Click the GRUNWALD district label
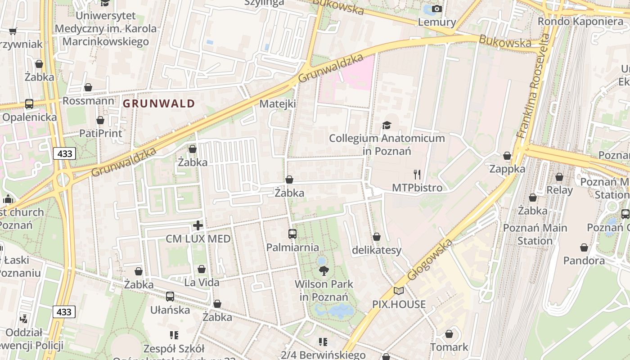point(159,103)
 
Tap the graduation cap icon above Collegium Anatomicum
point(387,125)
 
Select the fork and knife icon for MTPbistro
point(417,175)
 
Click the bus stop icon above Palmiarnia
point(292,234)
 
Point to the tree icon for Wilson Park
point(323,270)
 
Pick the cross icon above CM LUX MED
point(198,225)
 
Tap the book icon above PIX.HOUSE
point(399,291)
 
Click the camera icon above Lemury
point(436,9)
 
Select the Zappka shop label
point(507,169)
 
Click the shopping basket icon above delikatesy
point(377,237)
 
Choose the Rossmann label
point(88,101)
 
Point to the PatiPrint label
point(100,134)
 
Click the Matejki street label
point(278,104)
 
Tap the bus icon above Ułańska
point(170,297)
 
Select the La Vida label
point(202,283)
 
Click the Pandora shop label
point(584,261)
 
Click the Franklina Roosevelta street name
point(534,85)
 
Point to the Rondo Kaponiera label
point(580,22)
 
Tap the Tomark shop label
point(449,347)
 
